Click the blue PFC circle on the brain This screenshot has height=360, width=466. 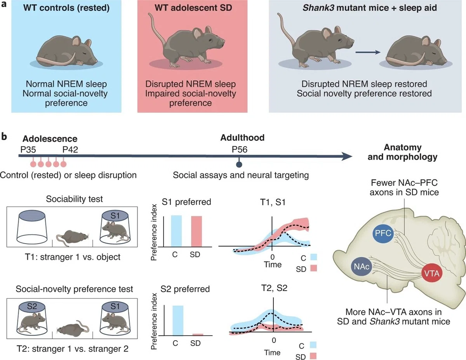383,233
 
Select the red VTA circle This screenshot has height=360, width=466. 432,274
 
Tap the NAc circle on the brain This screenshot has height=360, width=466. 362,267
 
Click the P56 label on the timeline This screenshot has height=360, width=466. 239,149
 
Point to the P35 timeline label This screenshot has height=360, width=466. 28,149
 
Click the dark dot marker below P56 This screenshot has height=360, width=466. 239,164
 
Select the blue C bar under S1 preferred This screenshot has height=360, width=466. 176,231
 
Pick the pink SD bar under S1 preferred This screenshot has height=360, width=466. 196,232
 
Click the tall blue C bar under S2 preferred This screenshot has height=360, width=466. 178,320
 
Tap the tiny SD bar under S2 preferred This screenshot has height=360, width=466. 198,334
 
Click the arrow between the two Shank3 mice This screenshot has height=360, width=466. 368,52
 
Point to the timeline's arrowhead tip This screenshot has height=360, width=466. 352,156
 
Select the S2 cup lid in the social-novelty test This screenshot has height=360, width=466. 32,306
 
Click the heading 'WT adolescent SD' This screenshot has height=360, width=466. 193,8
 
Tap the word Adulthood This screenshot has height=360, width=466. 242,138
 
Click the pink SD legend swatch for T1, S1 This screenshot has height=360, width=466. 313,268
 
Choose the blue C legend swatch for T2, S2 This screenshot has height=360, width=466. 313,344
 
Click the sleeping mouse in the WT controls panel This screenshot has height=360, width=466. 67,51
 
